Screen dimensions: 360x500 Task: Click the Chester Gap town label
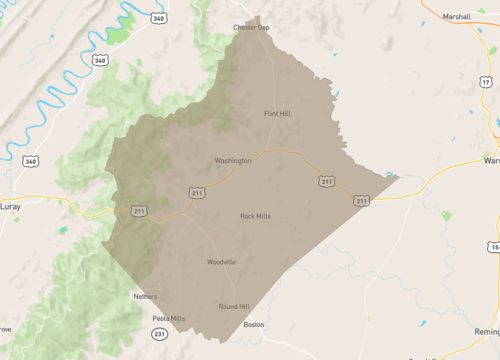pyautogui.click(x=252, y=27)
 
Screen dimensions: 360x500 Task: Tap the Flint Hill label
pyautogui.click(x=277, y=113)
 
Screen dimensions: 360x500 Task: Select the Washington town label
pyautogui.click(x=233, y=160)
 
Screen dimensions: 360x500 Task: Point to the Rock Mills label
pyautogui.click(x=255, y=216)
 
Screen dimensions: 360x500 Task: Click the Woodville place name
pyautogui.click(x=221, y=262)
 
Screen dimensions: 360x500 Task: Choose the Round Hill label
pyautogui.click(x=234, y=307)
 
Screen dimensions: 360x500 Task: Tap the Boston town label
pyautogui.click(x=254, y=324)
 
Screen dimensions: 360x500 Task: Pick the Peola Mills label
pyautogui.click(x=169, y=318)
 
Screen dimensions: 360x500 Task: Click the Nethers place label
pyautogui.click(x=146, y=296)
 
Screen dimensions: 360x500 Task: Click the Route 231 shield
pyautogui.click(x=160, y=345)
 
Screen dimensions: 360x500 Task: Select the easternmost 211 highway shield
pyautogui.click(x=360, y=201)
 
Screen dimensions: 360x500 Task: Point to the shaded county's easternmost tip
pyautogui.click(x=399, y=178)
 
